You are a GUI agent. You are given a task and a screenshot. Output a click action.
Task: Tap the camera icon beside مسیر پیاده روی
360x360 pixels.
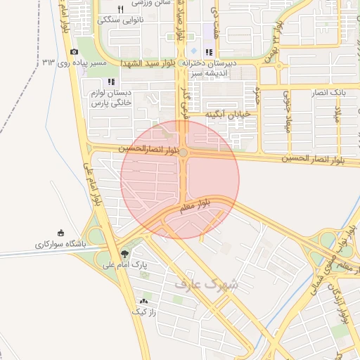click(x=75, y=52)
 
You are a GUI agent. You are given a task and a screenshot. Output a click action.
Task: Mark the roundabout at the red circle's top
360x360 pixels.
click(x=183, y=152)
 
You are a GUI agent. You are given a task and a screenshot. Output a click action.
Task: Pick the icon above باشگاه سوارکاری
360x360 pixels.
click(x=60, y=233)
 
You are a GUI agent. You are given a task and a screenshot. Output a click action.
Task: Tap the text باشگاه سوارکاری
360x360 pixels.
click(x=59, y=245)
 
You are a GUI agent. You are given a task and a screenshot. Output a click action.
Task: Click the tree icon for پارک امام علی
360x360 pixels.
click(x=125, y=254)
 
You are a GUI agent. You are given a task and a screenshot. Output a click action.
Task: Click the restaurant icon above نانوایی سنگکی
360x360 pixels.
click(x=121, y=9)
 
